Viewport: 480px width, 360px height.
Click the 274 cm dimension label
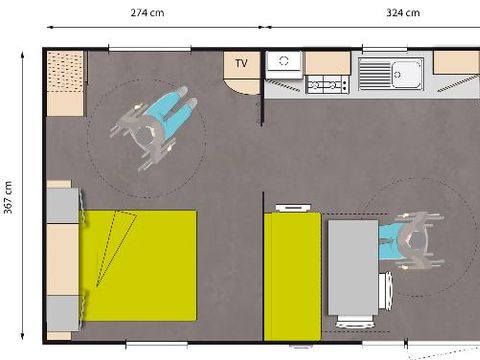(148, 12)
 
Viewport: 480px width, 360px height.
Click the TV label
(241, 64)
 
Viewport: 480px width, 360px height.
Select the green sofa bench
(293, 275)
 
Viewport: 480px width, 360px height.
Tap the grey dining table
(353, 267)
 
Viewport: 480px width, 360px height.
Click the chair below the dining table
(355, 322)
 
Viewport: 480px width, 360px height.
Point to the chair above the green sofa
(293, 207)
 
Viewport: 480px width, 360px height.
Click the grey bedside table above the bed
(60, 203)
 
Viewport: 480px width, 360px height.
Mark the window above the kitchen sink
(384, 49)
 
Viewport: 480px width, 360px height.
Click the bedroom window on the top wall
(150, 48)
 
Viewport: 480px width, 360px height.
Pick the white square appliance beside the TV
(283, 61)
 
